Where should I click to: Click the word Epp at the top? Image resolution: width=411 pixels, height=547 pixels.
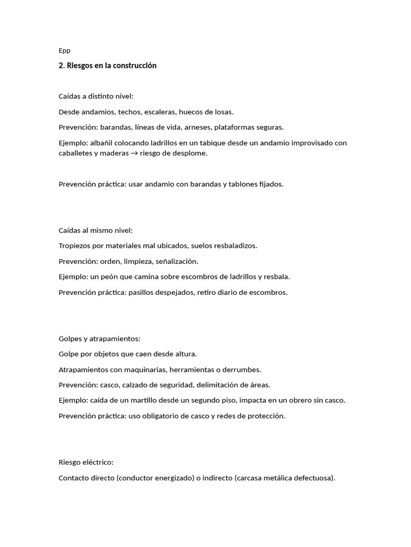(x=64, y=51)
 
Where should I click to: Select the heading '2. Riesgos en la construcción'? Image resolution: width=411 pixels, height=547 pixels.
(x=108, y=66)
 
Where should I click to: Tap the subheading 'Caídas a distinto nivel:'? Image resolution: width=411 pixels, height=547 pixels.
(x=96, y=97)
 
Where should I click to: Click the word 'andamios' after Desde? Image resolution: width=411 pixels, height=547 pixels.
(x=93, y=112)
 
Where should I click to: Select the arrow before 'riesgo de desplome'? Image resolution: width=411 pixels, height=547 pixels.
(x=138, y=153)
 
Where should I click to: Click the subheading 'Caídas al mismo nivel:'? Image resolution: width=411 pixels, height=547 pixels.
(x=95, y=230)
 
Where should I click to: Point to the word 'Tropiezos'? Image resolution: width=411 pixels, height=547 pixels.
(x=75, y=246)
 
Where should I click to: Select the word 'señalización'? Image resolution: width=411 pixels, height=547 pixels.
(x=177, y=261)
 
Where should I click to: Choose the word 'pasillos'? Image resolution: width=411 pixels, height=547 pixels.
(x=141, y=292)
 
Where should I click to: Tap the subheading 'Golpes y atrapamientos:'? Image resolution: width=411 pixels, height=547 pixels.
(x=99, y=339)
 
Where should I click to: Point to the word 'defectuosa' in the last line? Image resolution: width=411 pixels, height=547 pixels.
(x=314, y=478)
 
